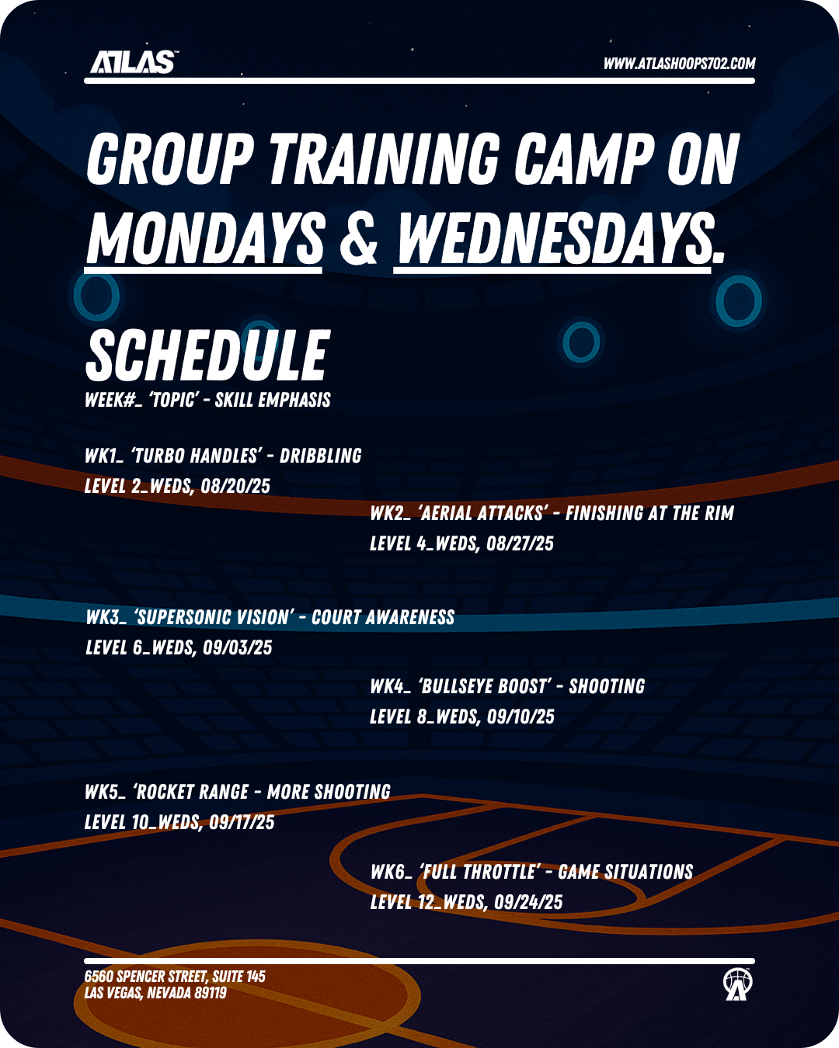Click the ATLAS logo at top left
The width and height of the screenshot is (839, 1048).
tap(133, 62)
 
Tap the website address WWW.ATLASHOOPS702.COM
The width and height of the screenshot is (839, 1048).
tap(679, 64)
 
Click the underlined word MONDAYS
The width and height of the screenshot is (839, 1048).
tap(204, 239)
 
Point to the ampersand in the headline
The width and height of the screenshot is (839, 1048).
tap(359, 238)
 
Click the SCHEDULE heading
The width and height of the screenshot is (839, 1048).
tap(207, 355)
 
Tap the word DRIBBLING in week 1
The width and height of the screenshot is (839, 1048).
tap(320, 456)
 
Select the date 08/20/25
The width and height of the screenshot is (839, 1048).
tap(235, 486)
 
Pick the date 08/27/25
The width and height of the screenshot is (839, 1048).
tap(520, 543)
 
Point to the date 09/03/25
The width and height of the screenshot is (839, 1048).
tap(238, 647)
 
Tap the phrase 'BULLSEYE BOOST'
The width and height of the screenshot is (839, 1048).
tap(485, 686)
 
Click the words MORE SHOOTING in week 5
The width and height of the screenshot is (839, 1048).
tap(329, 792)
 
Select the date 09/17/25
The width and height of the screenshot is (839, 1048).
tap(242, 822)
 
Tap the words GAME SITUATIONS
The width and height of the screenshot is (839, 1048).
tap(625, 872)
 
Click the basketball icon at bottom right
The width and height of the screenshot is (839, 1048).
tap(736, 984)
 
